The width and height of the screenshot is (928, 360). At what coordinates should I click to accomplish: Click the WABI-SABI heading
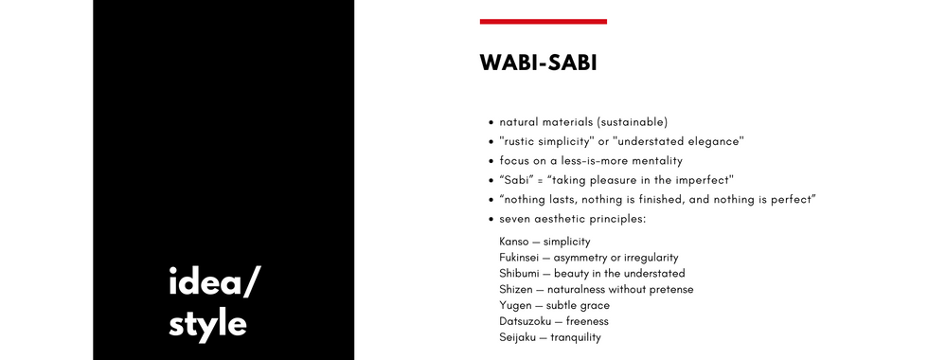(538, 63)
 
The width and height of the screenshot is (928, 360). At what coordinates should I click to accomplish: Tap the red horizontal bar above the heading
(544, 22)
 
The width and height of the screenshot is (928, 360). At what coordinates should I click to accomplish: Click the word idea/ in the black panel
(214, 282)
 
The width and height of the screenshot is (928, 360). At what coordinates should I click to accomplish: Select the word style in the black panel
(207, 324)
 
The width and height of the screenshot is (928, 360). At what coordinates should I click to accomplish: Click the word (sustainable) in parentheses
(632, 122)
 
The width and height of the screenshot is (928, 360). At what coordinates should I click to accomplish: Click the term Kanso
(513, 242)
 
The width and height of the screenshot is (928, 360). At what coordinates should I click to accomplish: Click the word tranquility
(576, 338)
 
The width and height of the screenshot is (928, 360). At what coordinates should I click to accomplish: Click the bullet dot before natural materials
(491, 123)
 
